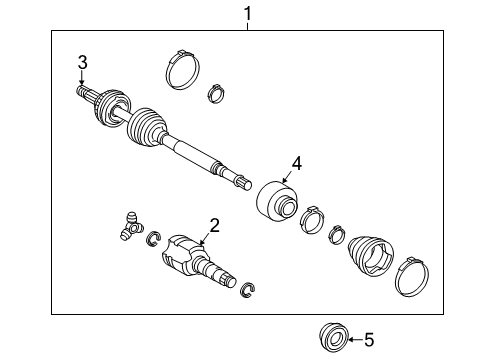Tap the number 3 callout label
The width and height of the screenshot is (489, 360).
[83, 63]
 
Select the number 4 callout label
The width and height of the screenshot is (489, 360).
[296, 163]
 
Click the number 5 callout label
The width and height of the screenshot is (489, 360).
[369, 340]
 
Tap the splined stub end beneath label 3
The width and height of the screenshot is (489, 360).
[84, 93]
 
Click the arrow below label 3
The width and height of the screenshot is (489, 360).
[83, 78]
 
